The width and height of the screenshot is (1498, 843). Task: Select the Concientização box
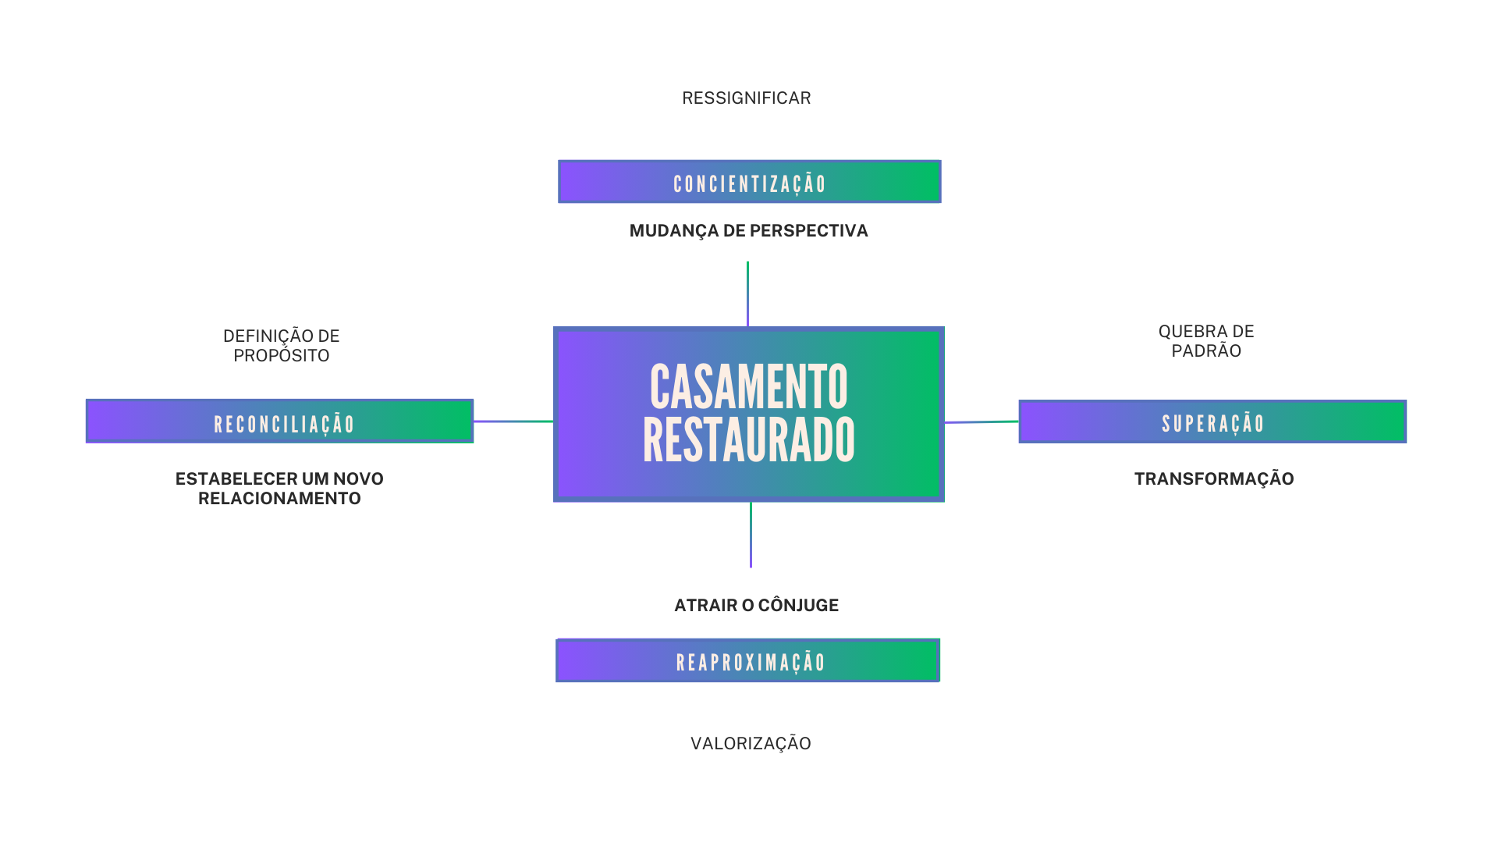tap(749, 182)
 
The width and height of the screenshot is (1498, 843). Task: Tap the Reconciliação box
tap(279, 421)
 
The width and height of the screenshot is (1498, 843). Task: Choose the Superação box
tap(1212, 421)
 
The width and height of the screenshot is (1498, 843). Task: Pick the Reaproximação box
tap(747, 660)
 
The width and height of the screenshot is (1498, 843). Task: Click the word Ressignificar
tap(747, 98)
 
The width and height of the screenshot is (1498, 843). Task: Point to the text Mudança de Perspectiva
tap(749, 231)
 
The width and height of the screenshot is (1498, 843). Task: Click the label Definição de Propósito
tap(282, 346)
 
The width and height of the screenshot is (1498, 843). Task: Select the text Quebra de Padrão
tap(1206, 341)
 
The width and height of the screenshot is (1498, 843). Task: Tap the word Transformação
tap(1214, 479)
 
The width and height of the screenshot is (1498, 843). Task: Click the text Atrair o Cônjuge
tap(756, 606)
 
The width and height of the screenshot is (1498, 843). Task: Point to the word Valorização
tap(751, 744)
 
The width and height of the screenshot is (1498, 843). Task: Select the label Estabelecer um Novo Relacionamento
tap(279, 489)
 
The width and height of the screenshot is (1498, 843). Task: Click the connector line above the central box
tap(747, 294)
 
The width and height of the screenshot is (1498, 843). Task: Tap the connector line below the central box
tap(751, 535)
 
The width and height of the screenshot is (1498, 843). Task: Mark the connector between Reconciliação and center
tap(513, 421)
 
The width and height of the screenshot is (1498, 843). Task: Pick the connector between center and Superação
tap(982, 422)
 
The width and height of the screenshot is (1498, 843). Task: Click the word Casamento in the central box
tap(749, 387)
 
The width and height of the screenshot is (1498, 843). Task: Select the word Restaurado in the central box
tap(749, 440)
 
